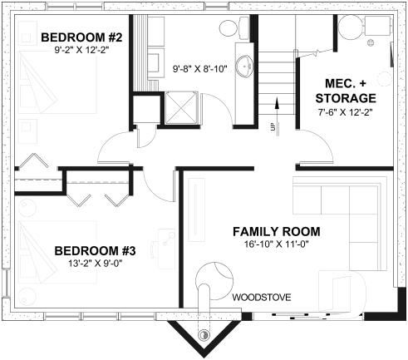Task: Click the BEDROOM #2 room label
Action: (x=81, y=37)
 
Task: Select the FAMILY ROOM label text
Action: (x=276, y=231)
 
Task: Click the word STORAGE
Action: (x=352, y=98)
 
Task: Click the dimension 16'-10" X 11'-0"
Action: (x=276, y=245)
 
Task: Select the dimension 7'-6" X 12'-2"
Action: (x=352, y=112)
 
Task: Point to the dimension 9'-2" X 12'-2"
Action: (x=81, y=51)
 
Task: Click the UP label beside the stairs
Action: (x=272, y=127)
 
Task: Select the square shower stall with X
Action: (x=181, y=107)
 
